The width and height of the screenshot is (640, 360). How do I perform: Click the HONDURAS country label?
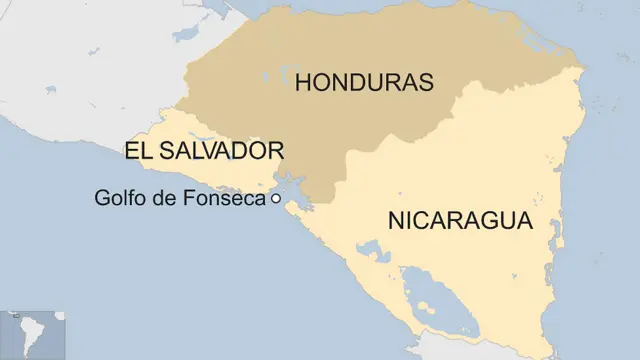(x=363, y=82)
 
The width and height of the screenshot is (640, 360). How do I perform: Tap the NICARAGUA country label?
(x=460, y=222)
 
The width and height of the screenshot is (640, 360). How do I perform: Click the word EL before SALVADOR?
(x=138, y=151)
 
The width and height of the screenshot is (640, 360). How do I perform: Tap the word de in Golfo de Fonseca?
(x=167, y=198)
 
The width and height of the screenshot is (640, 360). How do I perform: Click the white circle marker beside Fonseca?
(x=275, y=199)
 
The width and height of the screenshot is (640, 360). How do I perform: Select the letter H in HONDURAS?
(x=303, y=82)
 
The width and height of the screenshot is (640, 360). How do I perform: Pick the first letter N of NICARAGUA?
(x=397, y=222)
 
